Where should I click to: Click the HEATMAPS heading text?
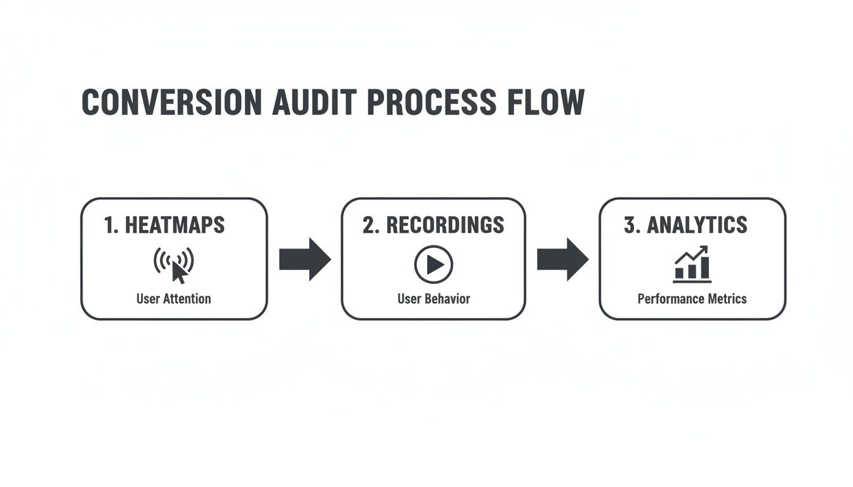(x=174, y=225)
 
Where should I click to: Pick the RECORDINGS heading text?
(x=445, y=225)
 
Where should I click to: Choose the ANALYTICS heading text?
(x=696, y=225)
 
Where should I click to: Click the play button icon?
(x=433, y=264)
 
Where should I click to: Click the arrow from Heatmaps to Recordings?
(x=305, y=259)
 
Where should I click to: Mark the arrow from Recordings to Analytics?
(x=562, y=259)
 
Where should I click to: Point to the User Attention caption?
(x=173, y=299)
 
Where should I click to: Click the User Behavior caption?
(x=433, y=299)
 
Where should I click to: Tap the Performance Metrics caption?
(x=692, y=299)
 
